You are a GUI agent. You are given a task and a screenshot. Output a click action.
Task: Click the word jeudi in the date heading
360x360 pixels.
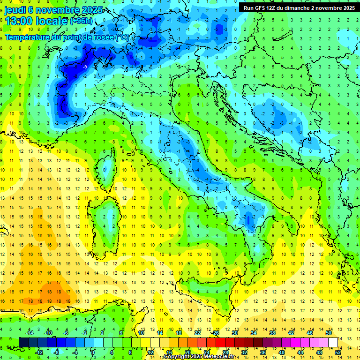pyautogui.click(x=14, y=10)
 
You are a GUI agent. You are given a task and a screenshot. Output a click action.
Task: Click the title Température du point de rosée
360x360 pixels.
pyautogui.click(x=66, y=37)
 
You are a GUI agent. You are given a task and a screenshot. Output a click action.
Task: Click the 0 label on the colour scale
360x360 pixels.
pyautogui.click(x=92, y=352)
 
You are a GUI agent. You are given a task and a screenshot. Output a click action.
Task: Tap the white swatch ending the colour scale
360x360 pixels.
pyautogui.click(x=333, y=342)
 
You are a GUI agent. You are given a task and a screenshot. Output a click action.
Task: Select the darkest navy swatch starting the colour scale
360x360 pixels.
pyautogui.click(x=23, y=342)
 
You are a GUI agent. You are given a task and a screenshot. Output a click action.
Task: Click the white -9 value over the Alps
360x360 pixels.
pyautogui.click(x=85, y=67)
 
